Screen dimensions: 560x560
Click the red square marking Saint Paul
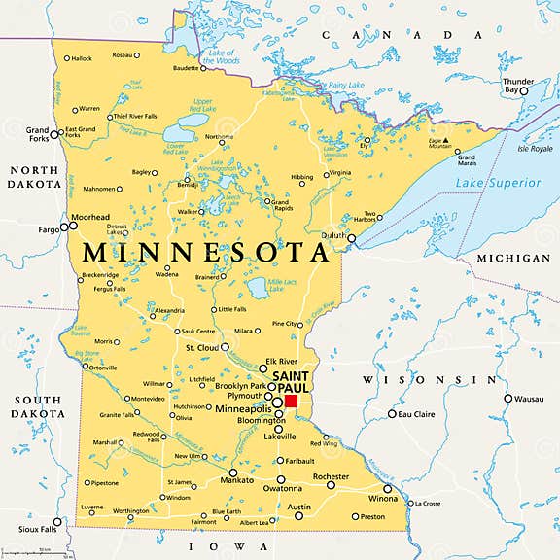coord(291,401)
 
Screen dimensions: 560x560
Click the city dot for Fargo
coord(64,227)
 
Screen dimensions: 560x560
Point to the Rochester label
coord(331,476)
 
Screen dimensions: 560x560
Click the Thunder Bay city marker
coord(523,90)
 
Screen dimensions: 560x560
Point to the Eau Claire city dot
coord(393,414)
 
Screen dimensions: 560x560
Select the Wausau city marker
coord(507,398)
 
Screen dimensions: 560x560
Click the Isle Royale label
coord(536,150)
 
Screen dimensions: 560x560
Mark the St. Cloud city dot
coord(226,347)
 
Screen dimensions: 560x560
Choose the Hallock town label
coord(81,58)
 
